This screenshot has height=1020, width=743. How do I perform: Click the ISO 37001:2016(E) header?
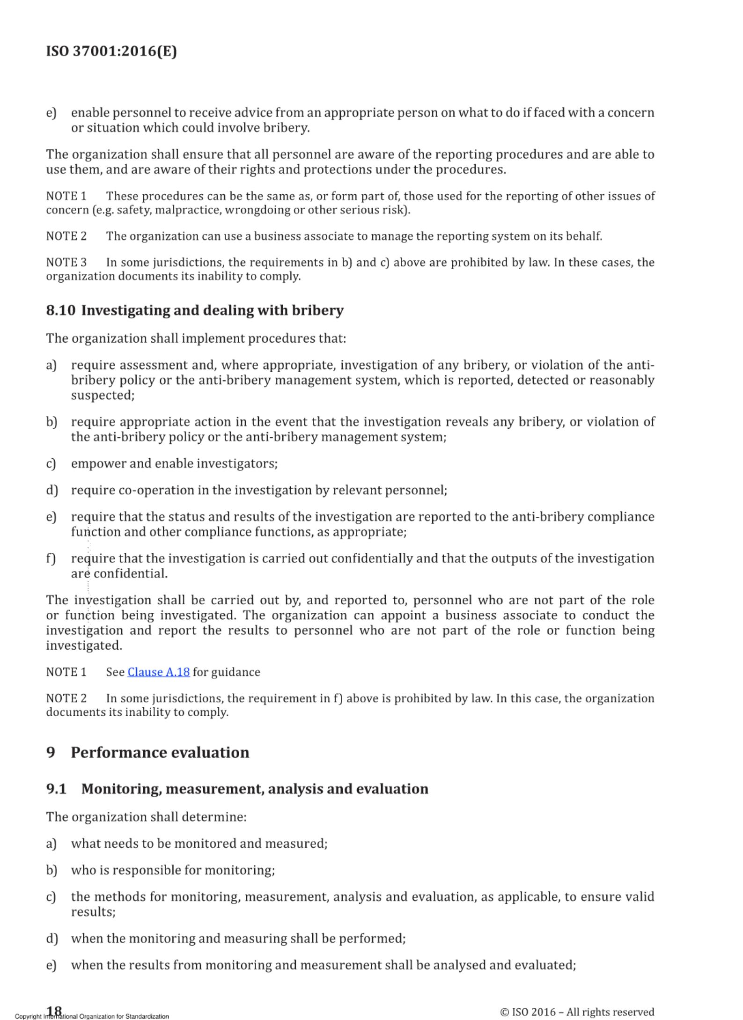click(x=111, y=51)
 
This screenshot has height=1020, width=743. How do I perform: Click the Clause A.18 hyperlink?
click(x=158, y=672)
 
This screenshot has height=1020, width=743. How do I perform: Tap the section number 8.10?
click(x=60, y=310)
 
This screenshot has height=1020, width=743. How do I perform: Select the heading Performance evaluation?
click(x=160, y=753)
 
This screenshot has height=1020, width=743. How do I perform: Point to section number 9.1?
click(x=56, y=789)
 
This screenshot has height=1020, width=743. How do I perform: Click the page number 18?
click(x=54, y=1010)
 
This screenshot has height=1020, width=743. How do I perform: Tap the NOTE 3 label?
click(x=66, y=262)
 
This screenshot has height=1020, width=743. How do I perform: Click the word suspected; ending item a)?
click(x=103, y=395)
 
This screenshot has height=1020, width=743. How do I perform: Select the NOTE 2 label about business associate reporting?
click(x=66, y=236)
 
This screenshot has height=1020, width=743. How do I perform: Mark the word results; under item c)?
click(x=93, y=912)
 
